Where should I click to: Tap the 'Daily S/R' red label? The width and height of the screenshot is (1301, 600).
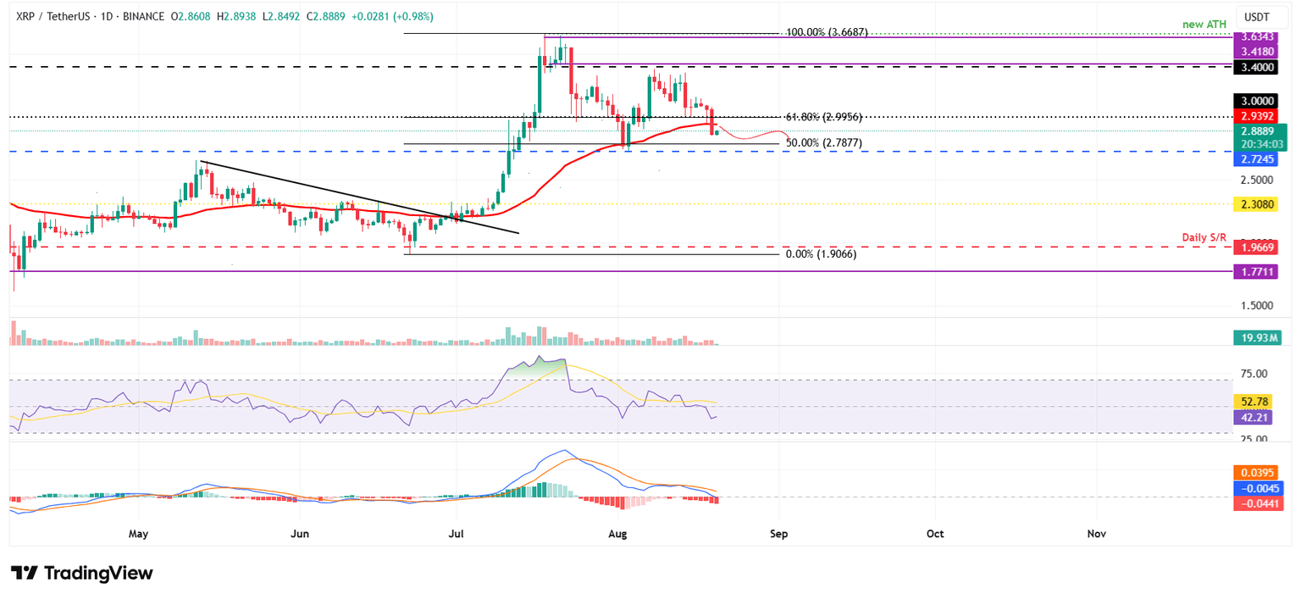click(x=1204, y=237)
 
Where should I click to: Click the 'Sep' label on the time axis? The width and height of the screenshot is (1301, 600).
click(x=778, y=534)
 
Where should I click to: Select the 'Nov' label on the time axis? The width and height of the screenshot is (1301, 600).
click(x=1096, y=534)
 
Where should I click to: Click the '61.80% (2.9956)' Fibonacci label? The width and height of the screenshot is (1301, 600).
click(x=824, y=117)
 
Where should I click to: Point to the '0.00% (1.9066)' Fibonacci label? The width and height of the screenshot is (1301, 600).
click(x=821, y=253)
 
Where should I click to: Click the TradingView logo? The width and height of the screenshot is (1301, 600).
click(x=82, y=574)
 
